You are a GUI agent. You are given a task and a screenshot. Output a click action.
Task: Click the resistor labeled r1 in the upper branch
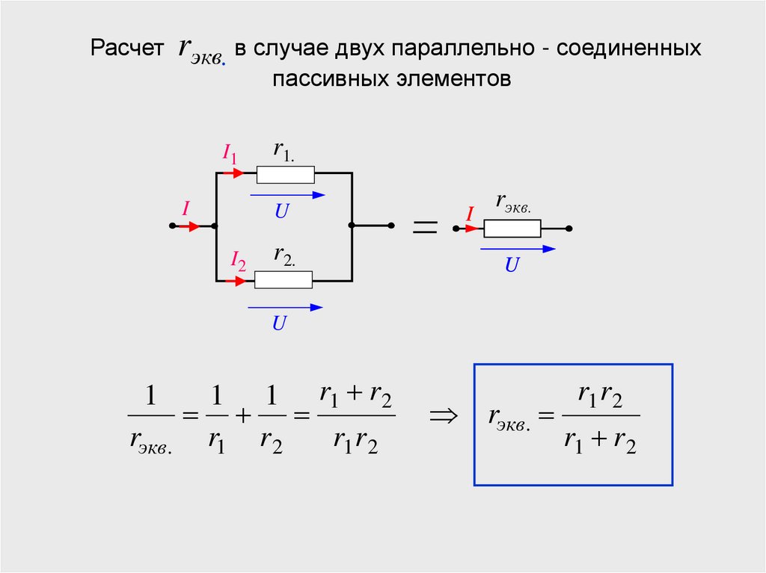point(286,175)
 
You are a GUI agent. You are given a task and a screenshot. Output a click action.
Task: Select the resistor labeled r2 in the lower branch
point(284,280)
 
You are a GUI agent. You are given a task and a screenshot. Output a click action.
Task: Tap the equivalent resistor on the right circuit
point(512,228)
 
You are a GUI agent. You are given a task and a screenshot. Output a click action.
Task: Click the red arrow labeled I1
point(234,173)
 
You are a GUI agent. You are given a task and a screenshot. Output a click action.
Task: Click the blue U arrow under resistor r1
point(288,195)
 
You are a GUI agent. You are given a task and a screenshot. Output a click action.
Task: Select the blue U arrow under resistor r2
point(285,306)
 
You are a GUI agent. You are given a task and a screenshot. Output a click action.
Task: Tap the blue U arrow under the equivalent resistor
point(518,249)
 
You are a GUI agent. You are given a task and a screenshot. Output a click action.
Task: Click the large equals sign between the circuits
point(425,229)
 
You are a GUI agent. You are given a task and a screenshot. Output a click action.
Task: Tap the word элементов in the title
point(450,78)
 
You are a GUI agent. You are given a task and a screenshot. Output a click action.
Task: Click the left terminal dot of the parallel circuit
point(173,226)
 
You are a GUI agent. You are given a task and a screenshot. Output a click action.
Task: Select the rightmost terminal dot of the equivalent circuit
point(569,228)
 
